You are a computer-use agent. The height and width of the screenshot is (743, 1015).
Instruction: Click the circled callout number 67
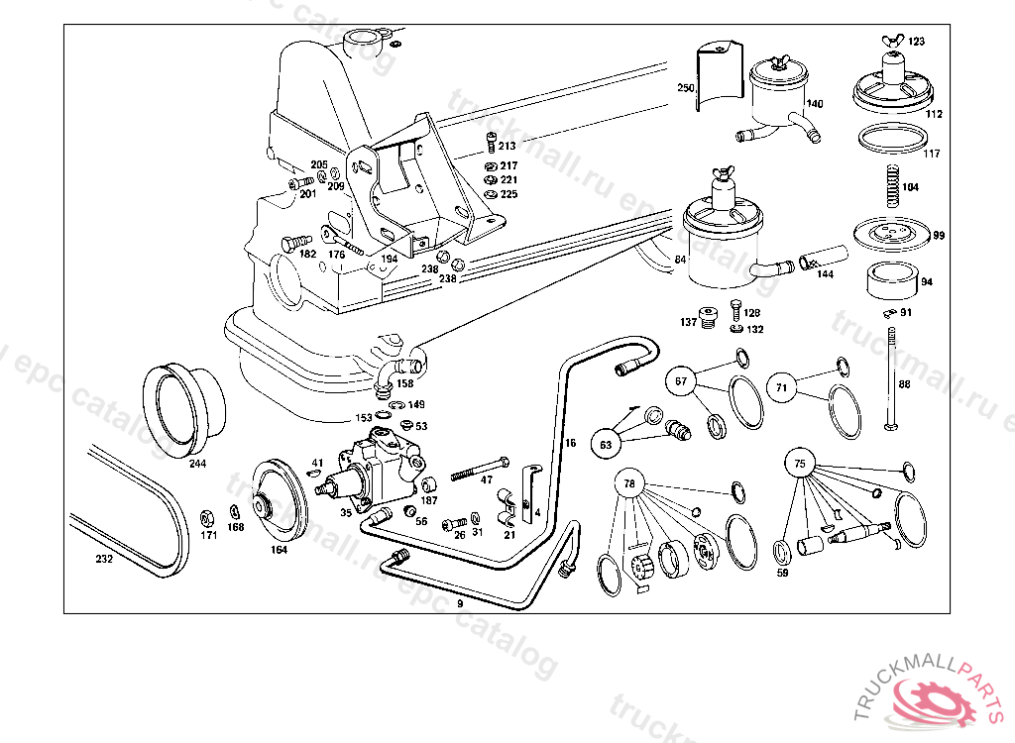(681, 381)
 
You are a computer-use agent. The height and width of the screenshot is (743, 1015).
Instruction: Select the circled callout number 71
(782, 387)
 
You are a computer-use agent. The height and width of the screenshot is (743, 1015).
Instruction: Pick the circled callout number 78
(629, 483)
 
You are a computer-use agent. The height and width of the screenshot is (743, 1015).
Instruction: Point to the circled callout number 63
(606, 445)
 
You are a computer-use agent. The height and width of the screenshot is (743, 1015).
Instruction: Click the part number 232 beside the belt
(104, 558)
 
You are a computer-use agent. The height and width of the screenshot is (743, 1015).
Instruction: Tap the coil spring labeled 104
(890, 185)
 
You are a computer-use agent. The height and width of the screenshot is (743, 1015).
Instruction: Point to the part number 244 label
(197, 464)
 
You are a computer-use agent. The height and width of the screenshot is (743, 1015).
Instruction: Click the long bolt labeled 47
(480, 469)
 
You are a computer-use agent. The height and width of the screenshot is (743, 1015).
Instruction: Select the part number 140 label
(814, 104)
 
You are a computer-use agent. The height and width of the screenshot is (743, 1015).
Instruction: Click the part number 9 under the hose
(459, 602)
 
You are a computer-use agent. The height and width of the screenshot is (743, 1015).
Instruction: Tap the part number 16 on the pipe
(570, 443)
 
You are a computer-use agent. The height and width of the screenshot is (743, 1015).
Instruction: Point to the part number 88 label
(904, 383)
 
